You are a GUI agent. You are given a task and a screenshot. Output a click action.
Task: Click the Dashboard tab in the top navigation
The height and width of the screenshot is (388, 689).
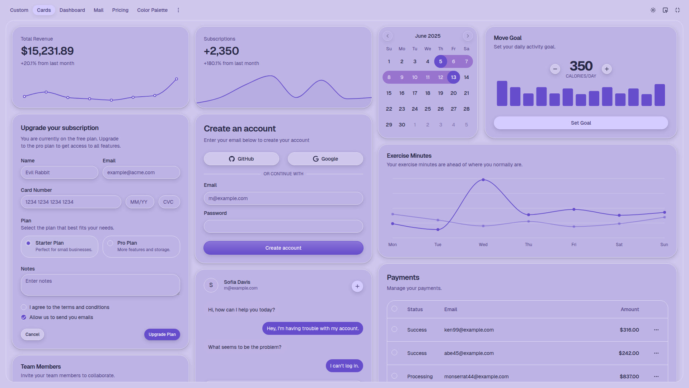(72, 10)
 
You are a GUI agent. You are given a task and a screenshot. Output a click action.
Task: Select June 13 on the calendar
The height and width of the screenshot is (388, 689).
(454, 77)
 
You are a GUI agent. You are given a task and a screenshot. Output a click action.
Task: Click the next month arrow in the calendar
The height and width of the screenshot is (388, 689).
(468, 36)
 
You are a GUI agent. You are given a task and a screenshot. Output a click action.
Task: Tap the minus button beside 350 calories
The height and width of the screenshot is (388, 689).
(555, 69)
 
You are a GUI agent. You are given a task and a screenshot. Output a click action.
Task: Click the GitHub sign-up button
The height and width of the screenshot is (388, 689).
(242, 159)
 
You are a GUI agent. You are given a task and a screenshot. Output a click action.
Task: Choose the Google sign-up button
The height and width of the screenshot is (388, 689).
(325, 159)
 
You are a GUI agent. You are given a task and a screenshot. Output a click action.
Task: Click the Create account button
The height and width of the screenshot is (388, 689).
(283, 248)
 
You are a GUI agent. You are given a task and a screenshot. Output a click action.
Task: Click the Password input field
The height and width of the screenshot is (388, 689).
(283, 226)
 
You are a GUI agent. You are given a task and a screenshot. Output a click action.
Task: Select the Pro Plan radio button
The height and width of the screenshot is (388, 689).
(111, 243)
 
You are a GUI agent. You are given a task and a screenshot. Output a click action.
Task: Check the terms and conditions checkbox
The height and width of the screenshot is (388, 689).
(24, 307)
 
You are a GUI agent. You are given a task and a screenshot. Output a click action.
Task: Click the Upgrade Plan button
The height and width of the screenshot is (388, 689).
(162, 334)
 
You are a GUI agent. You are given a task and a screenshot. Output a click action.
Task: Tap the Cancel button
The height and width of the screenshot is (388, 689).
(33, 334)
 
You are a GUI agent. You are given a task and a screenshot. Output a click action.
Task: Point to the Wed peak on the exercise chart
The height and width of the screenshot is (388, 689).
(483, 180)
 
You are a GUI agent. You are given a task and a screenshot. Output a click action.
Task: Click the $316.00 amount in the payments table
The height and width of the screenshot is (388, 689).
(629, 330)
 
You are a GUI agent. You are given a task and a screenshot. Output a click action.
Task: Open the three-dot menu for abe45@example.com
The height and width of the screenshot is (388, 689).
(656, 353)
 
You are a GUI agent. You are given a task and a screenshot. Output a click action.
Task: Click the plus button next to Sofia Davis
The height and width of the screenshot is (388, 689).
(357, 286)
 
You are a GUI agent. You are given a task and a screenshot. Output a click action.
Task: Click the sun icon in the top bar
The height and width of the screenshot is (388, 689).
(653, 10)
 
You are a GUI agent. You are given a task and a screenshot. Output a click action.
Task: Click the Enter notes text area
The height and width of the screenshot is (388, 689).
(100, 285)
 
